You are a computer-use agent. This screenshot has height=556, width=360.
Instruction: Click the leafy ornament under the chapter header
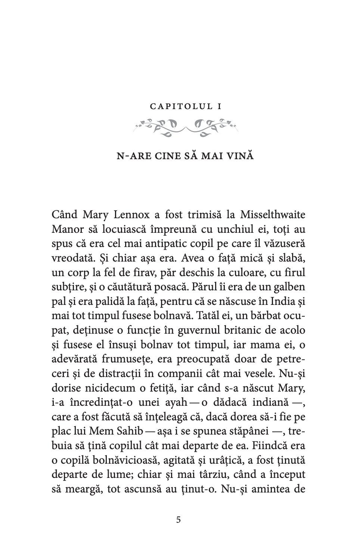[x=186, y=128]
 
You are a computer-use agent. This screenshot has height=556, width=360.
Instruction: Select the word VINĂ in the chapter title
[x=239, y=156]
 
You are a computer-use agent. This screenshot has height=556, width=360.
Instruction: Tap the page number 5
[x=179, y=520]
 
